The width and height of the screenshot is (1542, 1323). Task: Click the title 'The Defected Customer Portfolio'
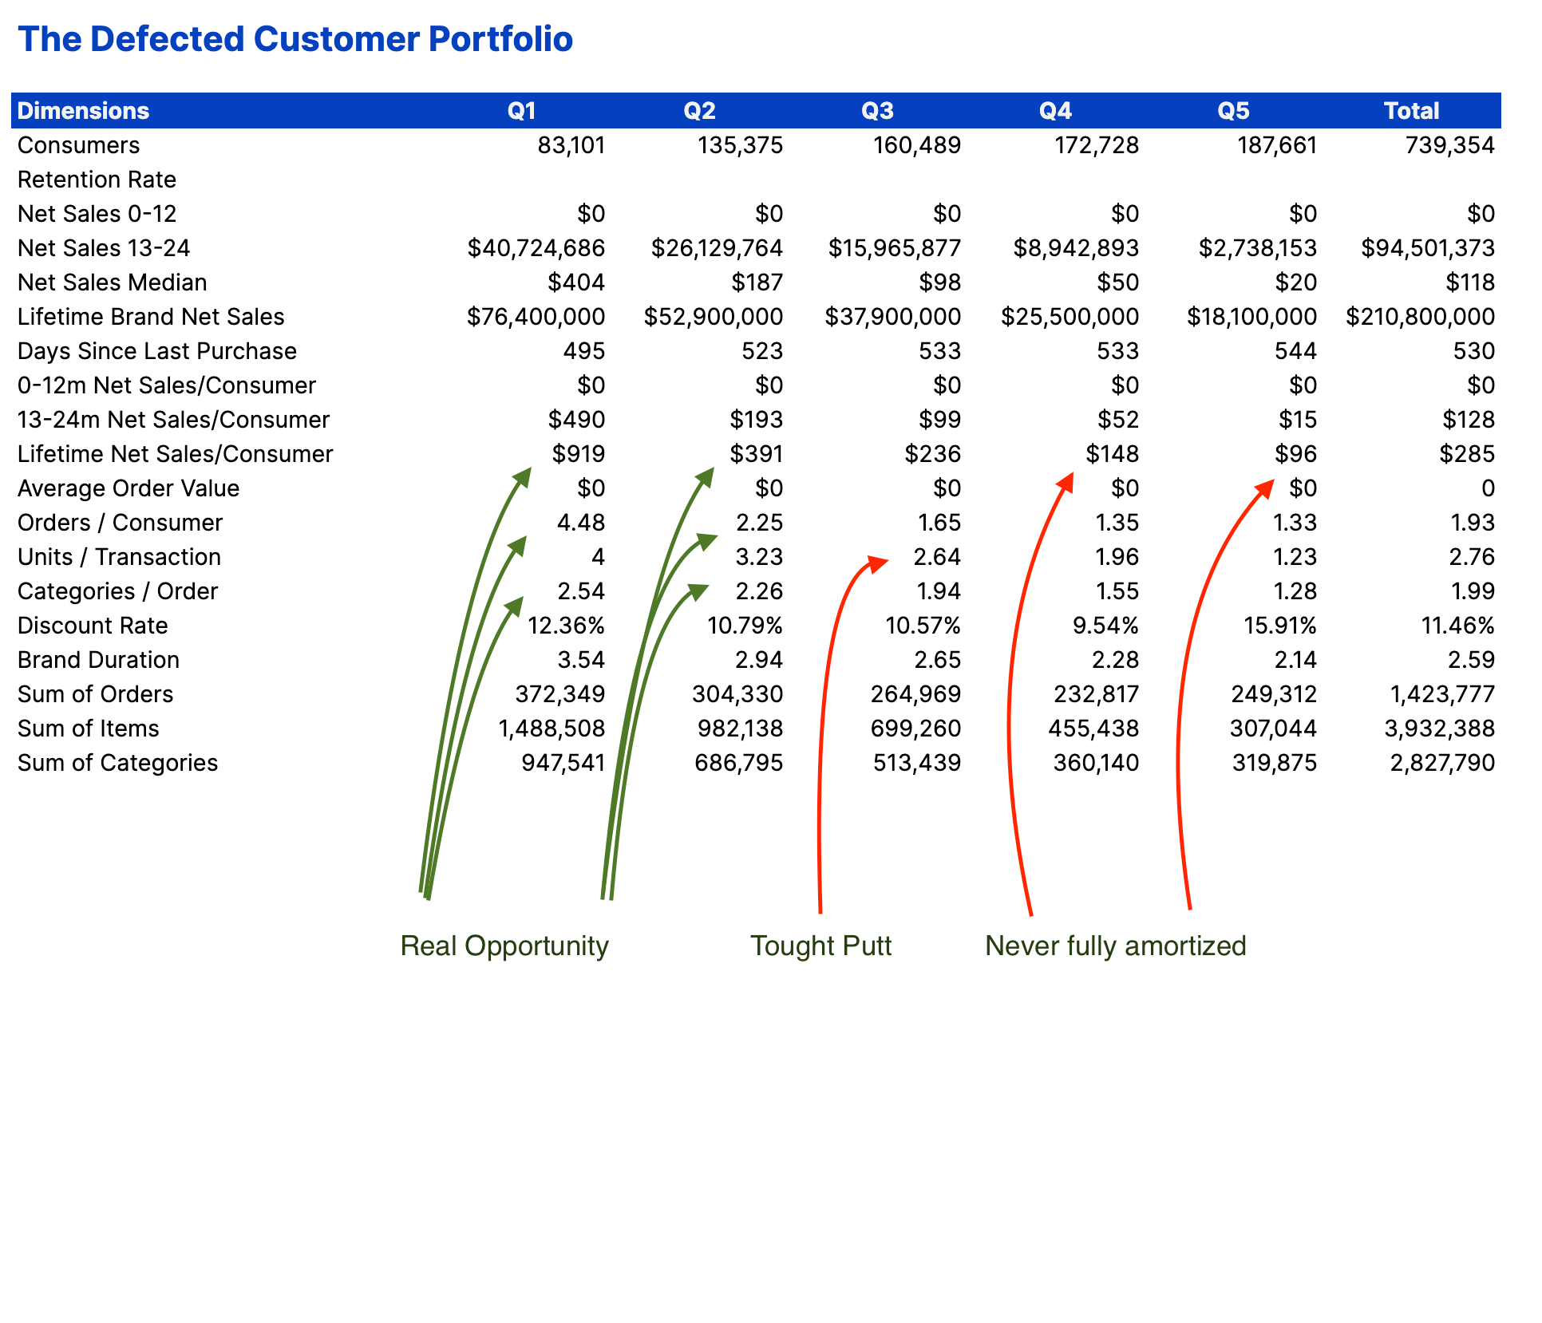pos(295,39)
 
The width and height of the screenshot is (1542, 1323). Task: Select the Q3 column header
pos(877,111)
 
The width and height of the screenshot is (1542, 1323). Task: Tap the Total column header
pos(1411,111)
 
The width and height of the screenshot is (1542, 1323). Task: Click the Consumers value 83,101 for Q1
pos(571,145)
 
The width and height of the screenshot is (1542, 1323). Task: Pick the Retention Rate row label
pos(97,180)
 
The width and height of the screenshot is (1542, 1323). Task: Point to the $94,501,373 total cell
pos(1427,248)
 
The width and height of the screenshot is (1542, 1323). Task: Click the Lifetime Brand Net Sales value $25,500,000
pos(1070,317)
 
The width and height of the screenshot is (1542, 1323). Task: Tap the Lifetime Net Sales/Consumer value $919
pos(579,454)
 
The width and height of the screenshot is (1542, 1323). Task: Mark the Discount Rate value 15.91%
pos(1280,626)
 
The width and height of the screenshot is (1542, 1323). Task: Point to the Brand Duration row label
pos(98,660)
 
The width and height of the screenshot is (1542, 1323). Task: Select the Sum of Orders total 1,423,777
pos(1442,694)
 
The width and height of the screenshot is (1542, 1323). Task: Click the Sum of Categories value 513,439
pos(917,763)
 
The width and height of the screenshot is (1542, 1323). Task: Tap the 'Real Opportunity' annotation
pos(504,946)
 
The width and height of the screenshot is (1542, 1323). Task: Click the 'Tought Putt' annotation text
pos(820,946)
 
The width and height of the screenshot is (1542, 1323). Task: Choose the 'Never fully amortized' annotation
pos(1115,946)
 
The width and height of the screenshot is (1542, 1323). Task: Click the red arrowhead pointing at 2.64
pos(878,563)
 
